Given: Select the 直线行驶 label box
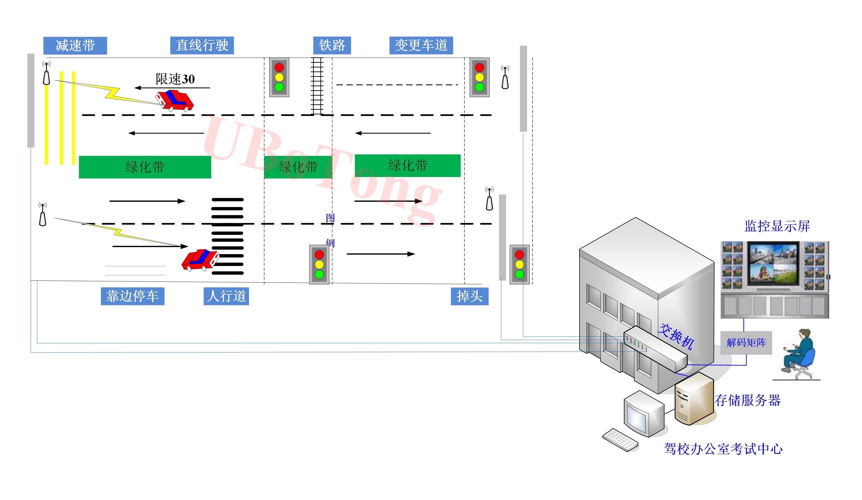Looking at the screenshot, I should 202,45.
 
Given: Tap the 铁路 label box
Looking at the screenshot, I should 332,45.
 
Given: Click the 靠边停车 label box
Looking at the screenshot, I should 132,296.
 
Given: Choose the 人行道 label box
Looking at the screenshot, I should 226,296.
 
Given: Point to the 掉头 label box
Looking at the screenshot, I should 469,296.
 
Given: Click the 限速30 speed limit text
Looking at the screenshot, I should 175,79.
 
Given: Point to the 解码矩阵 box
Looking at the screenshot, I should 746,342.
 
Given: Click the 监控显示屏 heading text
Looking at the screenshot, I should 777,226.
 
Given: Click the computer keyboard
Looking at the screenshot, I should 620,439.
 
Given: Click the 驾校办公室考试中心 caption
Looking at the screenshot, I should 723,449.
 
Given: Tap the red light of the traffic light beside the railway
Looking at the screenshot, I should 279,67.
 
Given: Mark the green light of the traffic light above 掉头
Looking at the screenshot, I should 519,274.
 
